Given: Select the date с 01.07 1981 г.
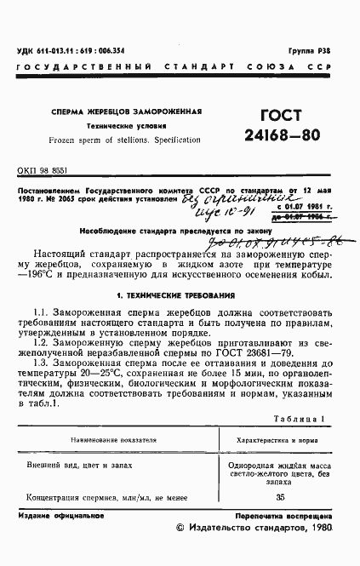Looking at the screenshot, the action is pyautogui.click(x=302, y=207).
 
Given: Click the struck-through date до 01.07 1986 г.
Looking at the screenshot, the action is pyautogui.click(x=302, y=216).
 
